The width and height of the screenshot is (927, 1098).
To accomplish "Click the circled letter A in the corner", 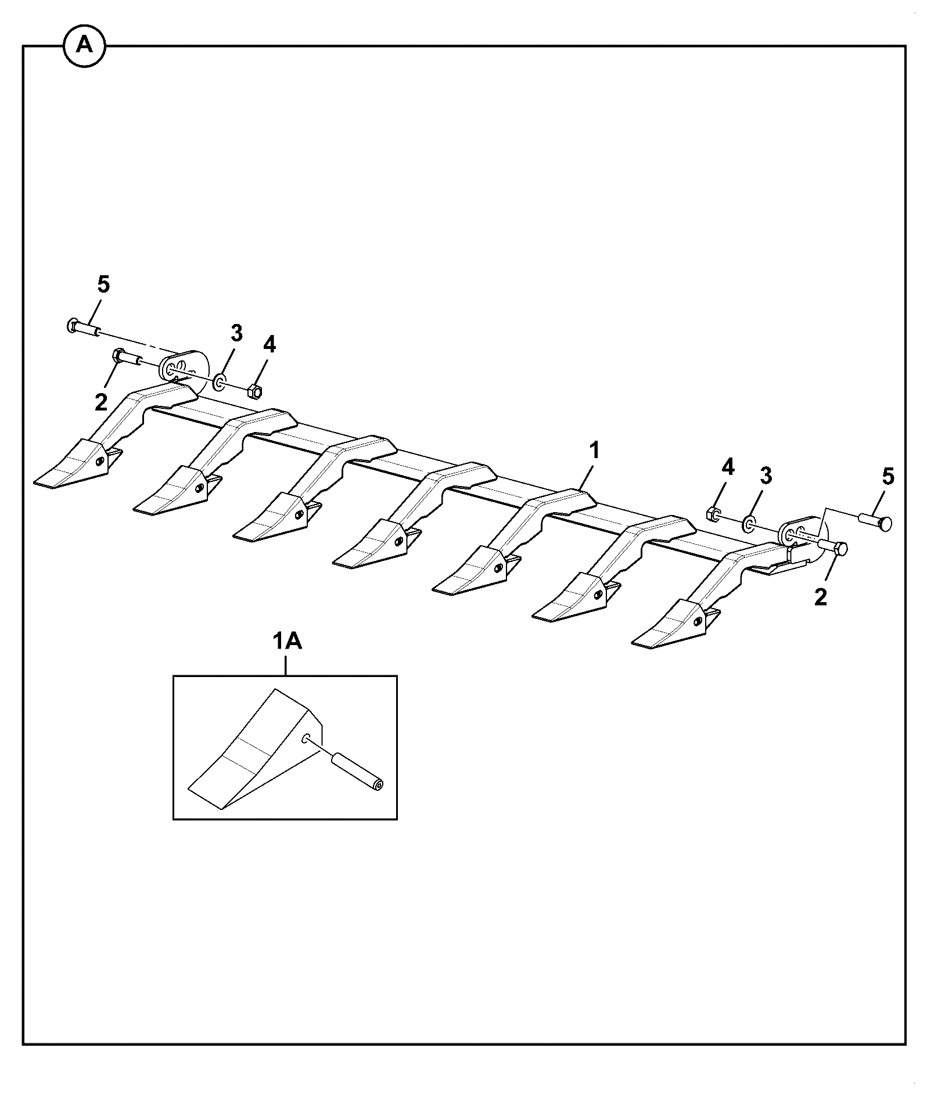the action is tap(84, 45).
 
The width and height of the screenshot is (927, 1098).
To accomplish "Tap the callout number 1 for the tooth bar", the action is tap(594, 451).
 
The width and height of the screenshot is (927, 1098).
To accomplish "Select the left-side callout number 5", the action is tap(103, 285).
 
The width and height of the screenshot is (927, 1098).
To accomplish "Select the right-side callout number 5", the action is tap(888, 477).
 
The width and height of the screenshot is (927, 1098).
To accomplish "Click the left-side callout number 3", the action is tap(236, 333).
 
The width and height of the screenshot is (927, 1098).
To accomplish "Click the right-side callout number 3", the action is tap(766, 476).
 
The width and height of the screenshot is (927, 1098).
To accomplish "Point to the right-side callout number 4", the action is tap(728, 467).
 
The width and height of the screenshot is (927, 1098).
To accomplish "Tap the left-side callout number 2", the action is tap(101, 402).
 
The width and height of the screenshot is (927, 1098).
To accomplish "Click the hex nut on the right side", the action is tap(713, 513).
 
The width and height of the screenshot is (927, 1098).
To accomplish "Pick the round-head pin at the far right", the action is tap(875, 521).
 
